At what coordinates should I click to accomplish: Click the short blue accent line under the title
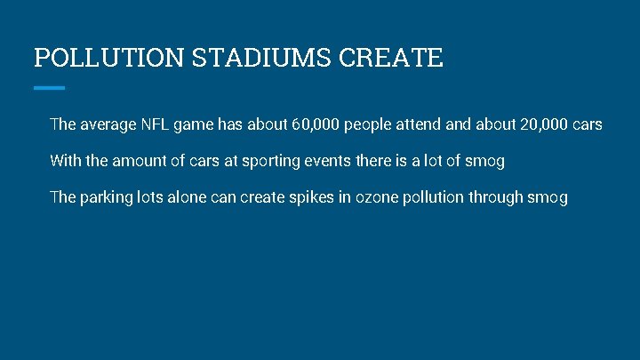pyautogui.click(x=49, y=87)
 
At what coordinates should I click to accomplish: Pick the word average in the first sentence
pyautogui.click(x=108, y=125)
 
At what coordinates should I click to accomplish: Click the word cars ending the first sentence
pyautogui.click(x=588, y=125)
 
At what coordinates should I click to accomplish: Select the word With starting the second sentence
pyautogui.click(x=65, y=161)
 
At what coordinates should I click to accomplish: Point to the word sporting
pyautogui.click(x=268, y=161)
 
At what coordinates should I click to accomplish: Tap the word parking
pyautogui.click(x=106, y=197)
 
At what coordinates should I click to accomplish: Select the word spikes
pyautogui.click(x=312, y=197)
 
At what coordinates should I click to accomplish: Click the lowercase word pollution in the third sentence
pyautogui.click(x=433, y=197)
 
